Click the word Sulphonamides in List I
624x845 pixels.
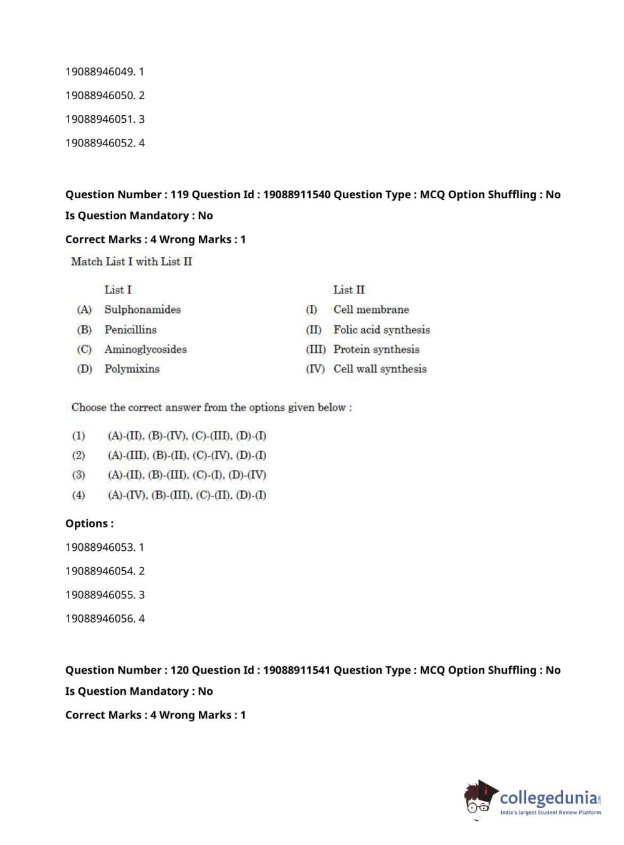[x=142, y=310]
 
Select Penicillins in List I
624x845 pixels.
[x=130, y=330]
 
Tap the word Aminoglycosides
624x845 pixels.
[x=145, y=350]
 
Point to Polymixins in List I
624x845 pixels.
[x=132, y=369]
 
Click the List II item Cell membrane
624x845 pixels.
[x=371, y=310]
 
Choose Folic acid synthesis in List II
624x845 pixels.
[x=382, y=330]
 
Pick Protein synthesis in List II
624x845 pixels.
[x=376, y=350]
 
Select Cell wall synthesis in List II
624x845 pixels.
[x=380, y=369]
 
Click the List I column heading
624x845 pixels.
[x=118, y=290]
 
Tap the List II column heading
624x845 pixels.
[x=348, y=290]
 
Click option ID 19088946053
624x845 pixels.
[x=100, y=547]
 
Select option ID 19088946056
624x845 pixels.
[x=100, y=619]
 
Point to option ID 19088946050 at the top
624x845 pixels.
[x=100, y=95]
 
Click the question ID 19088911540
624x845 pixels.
[x=296, y=194]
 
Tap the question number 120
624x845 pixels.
[x=180, y=671]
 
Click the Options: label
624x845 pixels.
[x=89, y=524]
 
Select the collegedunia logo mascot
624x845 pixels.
[x=480, y=798]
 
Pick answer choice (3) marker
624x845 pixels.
[x=79, y=475]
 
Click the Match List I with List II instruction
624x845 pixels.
[x=132, y=262]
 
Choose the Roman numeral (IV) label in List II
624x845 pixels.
[x=315, y=369]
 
